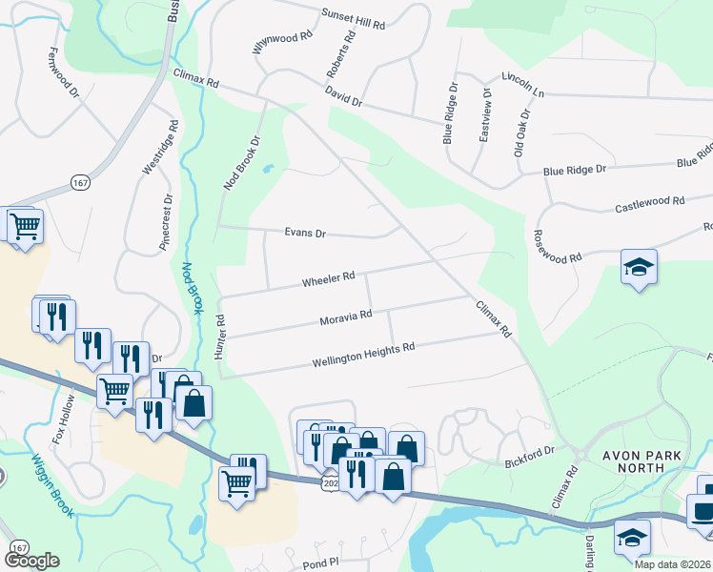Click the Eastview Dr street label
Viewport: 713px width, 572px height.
486,115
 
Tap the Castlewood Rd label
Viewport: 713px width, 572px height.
650,203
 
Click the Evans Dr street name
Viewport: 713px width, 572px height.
305,233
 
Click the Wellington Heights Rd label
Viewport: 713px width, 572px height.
363,355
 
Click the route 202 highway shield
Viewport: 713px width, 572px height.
330,484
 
